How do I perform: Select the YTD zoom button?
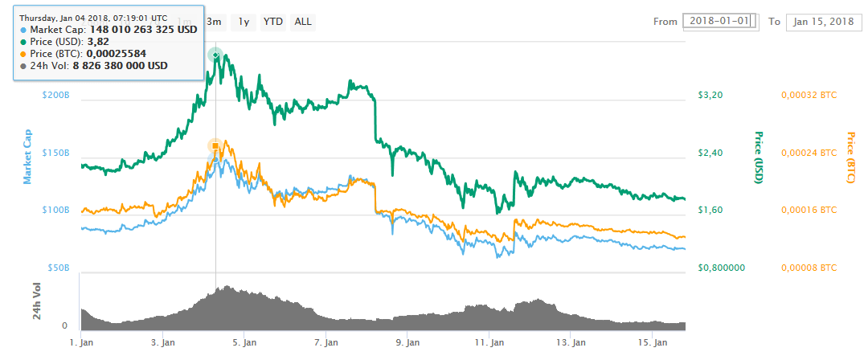coord(273,22)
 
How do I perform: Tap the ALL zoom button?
coord(303,22)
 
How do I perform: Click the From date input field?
coord(720,22)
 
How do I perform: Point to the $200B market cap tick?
coord(56,95)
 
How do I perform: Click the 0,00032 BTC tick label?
coord(809,95)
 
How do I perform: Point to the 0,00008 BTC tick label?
coord(809,268)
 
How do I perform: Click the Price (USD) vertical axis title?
coord(757,157)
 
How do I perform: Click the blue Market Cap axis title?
coord(27,157)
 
